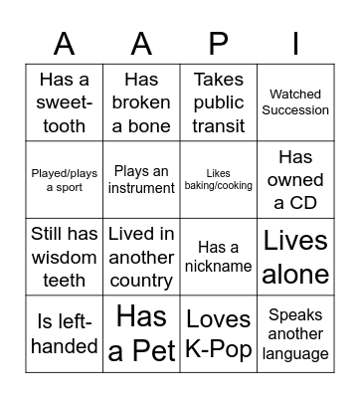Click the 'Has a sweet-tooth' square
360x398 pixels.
point(64,102)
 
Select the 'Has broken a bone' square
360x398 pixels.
point(141,102)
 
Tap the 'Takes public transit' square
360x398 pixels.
point(219,102)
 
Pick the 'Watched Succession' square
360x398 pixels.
point(295,102)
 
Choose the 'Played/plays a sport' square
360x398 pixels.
point(64,179)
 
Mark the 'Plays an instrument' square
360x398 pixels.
point(141,179)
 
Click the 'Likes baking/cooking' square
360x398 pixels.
point(219,179)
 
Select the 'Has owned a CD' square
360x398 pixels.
point(295,179)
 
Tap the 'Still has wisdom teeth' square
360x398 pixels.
point(64,257)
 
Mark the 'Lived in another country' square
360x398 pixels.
point(141,257)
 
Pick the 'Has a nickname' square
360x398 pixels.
point(219,257)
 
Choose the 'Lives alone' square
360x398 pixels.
point(295,257)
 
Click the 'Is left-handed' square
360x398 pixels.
point(64,334)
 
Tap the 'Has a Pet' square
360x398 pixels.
point(141,334)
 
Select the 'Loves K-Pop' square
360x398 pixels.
point(219,334)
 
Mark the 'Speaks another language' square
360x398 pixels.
point(295,334)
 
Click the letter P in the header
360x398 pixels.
point(219,43)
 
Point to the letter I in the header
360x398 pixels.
point(295,43)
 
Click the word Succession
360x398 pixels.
point(295,110)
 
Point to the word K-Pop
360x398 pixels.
point(219,348)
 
